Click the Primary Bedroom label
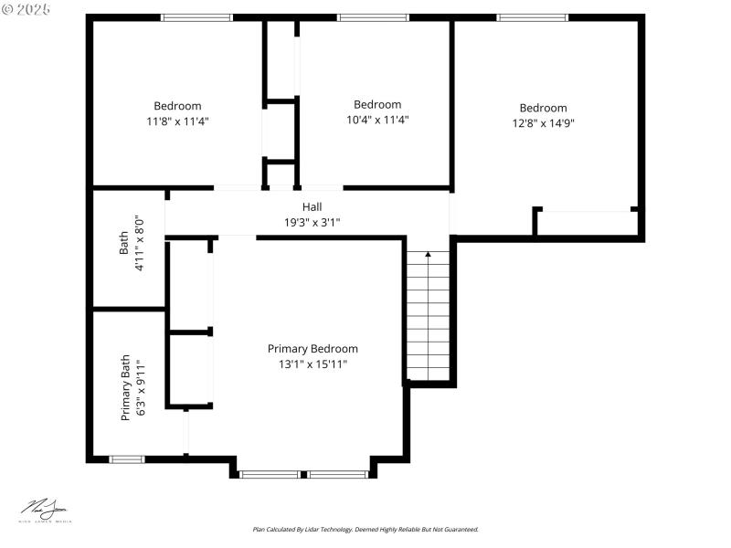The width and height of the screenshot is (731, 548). point(313,349)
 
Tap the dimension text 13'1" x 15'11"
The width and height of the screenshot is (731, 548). point(313,364)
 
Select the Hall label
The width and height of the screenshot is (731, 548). point(313,207)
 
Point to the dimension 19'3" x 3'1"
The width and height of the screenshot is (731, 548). point(313,222)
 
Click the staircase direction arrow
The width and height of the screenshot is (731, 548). point(428,256)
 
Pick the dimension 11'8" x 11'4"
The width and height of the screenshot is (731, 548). point(177,121)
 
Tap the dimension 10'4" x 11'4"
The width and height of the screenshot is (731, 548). point(377,120)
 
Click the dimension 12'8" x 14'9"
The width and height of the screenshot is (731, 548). point(543,123)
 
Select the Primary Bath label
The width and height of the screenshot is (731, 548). point(126,388)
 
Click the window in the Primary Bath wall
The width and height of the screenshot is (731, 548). point(127,458)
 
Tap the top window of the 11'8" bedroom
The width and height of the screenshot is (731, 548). point(197,17)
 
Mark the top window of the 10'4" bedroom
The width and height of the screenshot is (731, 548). point(373,17)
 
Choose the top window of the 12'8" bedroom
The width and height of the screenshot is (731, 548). point(532,17)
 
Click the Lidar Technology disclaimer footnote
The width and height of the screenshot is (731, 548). point(365,529)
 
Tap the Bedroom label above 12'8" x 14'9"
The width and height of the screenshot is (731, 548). point(543,108)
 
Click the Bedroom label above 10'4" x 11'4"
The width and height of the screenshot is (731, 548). point(377,104)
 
